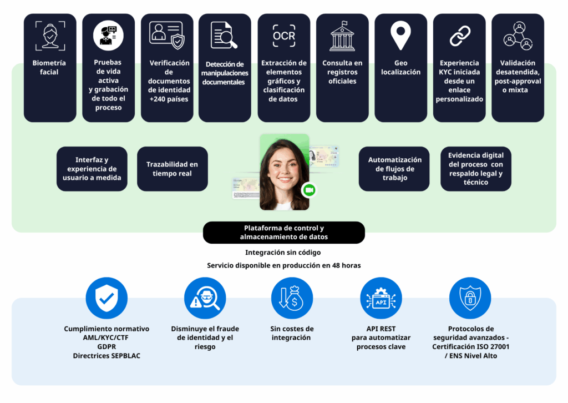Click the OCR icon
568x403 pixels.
click(284, 36)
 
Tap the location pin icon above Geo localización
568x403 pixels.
click(400, 36)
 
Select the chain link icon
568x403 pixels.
click(459, 36)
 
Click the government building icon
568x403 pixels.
click(342, 36)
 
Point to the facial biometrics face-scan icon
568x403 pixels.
click(49, 36)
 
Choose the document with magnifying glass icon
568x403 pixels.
click(224, 36)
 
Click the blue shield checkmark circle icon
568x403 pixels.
click(106, 298)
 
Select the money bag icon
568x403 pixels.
click(292, 298)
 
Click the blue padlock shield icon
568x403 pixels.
click(470, 298)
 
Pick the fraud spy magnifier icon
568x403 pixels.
click(204, 298)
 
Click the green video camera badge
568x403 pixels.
click(308, 190)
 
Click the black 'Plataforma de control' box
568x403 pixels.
click(284, 233)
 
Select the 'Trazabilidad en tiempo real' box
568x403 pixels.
click(172, 169)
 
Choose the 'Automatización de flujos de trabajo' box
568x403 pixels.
click(394, 169)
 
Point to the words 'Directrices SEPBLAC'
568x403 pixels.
click(106, 355)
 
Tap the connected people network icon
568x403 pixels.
click(518, 36)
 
